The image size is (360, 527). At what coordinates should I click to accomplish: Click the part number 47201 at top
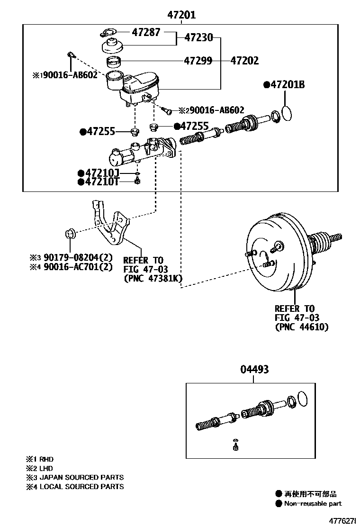[181, 15]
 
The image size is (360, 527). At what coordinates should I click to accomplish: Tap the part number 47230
[198, 37]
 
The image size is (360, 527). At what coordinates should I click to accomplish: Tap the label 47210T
[101, 182]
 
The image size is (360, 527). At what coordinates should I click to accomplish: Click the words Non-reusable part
[313, 503]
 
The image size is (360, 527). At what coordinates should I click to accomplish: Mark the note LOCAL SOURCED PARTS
[81, 486]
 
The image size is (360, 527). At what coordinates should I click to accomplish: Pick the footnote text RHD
[46, 459]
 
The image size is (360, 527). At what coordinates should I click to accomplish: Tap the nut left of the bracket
[70, 234]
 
